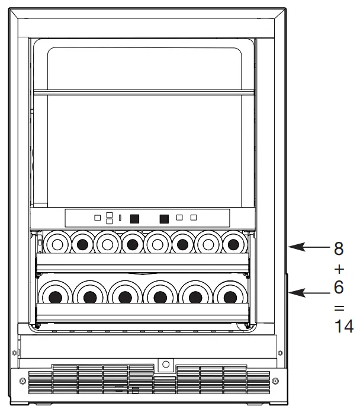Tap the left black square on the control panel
click(x=134, y=218)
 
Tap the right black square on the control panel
click(x=165, y=218)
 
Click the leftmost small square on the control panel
click(x=98, y=218)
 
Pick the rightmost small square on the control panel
click(x=193, y=218)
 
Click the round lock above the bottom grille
click(x=165, y=363)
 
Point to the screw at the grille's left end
click(x=22, y=380)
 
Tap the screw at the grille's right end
click(x=276, y=380)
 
